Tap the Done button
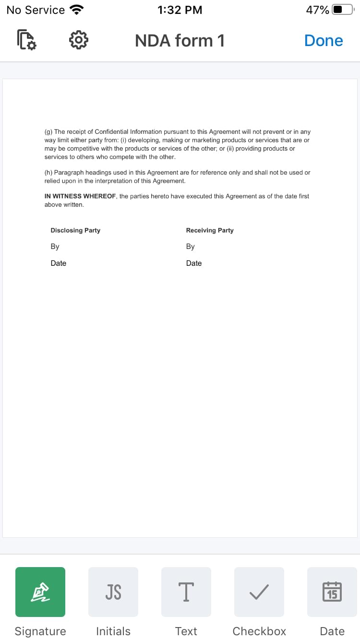pos(324,41)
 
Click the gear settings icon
pos(79,40)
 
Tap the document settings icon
pos(26,40)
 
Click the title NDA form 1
pos(180,41)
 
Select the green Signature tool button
pos(40,592)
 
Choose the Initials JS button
pos(113,592)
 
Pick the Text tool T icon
pos(186,592)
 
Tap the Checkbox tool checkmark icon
pos(259,592)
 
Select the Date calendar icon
pos(332,592)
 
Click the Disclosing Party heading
pos(75,230)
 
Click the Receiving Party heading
pos(210,230)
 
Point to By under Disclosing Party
pos(55,247)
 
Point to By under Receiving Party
pos(191,247)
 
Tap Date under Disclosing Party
pos(59,263)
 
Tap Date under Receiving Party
pos(194,263)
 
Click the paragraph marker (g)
pos(48,132)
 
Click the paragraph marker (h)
pos(48,173)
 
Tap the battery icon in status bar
pos(343,10)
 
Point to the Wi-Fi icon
pos(76,10)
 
